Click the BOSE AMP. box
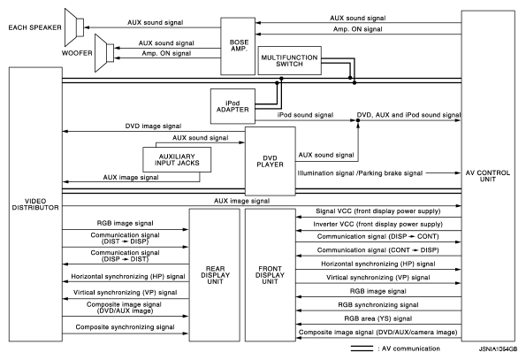click(x=238, y=46)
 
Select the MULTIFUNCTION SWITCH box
click(x=289, y=60)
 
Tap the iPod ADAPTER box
click(x=233, y=106)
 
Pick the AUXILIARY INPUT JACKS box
click(x=177, y=160)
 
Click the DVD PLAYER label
click(x=270, y=161)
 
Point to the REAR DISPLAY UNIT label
click(x=215, y=275)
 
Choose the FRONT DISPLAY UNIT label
click(x=270, y=275)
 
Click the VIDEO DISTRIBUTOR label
click(x=35, y=204)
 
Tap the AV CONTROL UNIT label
click(x=488, y=176)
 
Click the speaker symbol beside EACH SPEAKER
click(x=74, y=27)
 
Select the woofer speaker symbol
click(x=104, y=53)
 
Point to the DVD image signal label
click(x=153, y=126)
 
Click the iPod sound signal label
click(x=305, y=115)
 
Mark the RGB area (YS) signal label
click(x=378, y=318)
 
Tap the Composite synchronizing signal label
click(x=125, y=326)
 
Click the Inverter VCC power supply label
click(x=378, y=224)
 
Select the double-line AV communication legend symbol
click(x=362, y=349)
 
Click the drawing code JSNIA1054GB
click(x=499, y=349)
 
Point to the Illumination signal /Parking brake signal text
click(x=360, y=173)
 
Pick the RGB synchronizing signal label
click(x=378, y=305)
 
